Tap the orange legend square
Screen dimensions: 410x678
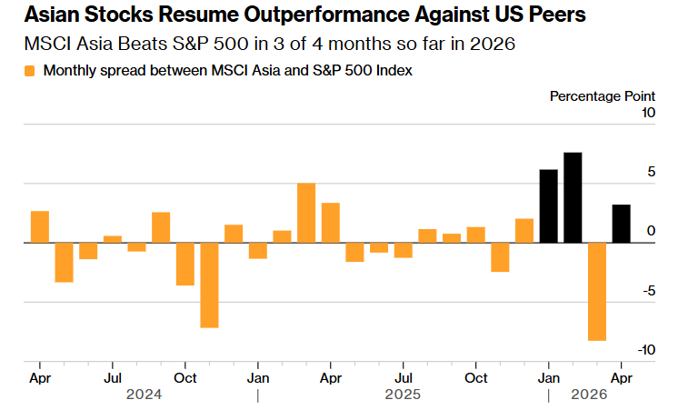click(x=30, y=71)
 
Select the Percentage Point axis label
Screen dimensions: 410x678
click(x=603, y=95)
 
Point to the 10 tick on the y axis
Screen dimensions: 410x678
click(x=648, y=113)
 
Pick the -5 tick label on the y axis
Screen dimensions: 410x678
click(x=647, y=291)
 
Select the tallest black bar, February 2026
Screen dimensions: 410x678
click(x=573, y=197)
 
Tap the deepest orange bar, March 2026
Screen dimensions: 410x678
click(x=597, y=291)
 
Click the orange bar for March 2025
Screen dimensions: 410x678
click(x=306, y=213)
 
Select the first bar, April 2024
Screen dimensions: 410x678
click(x=39, y=226)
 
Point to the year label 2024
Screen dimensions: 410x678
click(x=145, y=395)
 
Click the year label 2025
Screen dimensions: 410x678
click(x=403, y=395)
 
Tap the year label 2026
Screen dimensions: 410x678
click(x=590, y=395)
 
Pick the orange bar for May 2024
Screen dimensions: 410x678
click(x=64, y=262)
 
